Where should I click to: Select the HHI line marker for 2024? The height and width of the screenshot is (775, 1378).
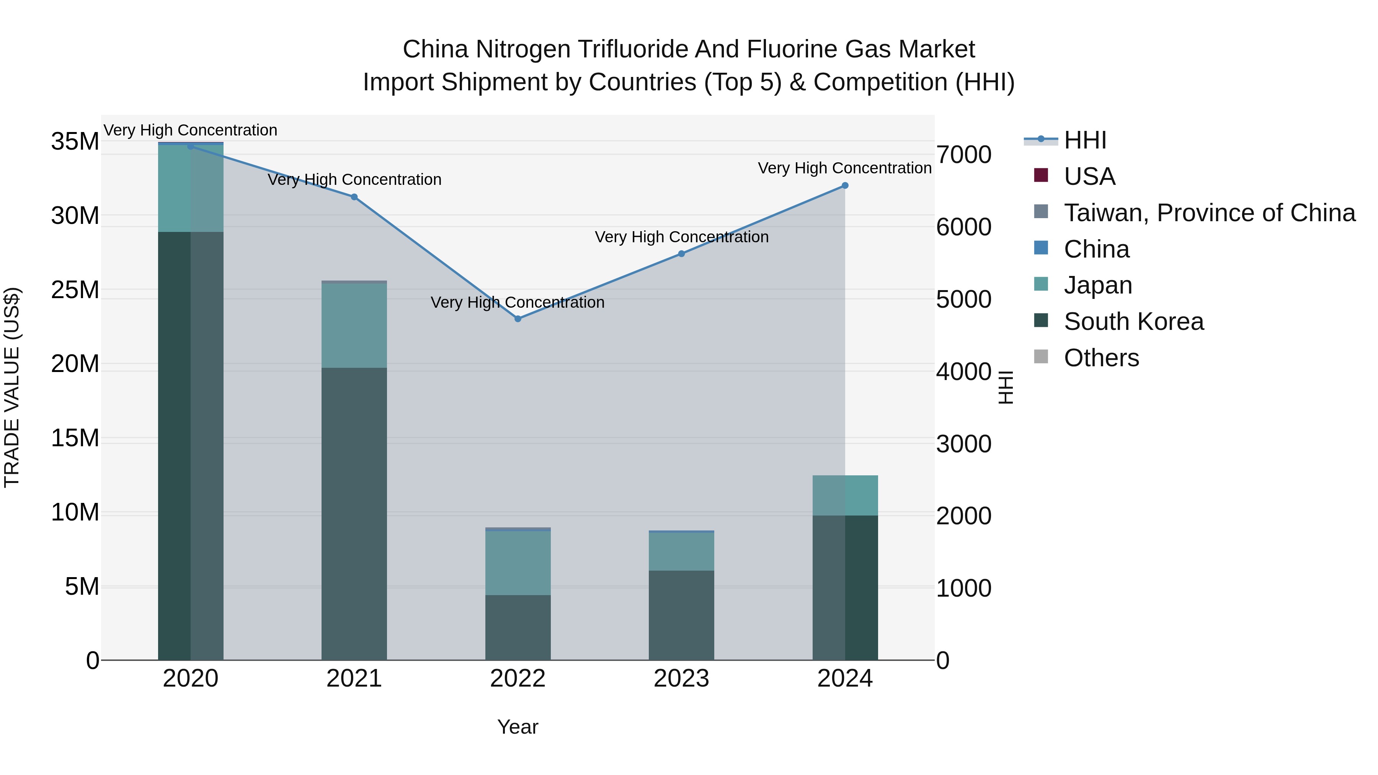tap(845, 186)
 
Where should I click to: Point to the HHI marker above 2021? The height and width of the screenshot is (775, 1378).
tap(354, 197)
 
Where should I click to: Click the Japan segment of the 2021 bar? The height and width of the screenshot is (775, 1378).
tap(354, 325)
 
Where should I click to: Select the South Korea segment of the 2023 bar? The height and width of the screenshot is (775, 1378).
tap(681, 615)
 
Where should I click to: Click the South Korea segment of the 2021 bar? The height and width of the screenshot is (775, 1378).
tap(354, 514)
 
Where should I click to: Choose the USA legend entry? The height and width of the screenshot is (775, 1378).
tap(1089, 176)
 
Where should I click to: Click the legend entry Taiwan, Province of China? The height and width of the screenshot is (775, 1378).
tap(1209, 213)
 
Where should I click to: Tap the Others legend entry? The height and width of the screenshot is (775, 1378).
tap(1101, 358)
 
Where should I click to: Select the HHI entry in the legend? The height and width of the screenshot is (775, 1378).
tap(1085, 140)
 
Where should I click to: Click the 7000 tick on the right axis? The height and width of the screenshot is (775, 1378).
tap(963, 155)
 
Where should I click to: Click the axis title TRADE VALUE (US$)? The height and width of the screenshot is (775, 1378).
tap(12, 387)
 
